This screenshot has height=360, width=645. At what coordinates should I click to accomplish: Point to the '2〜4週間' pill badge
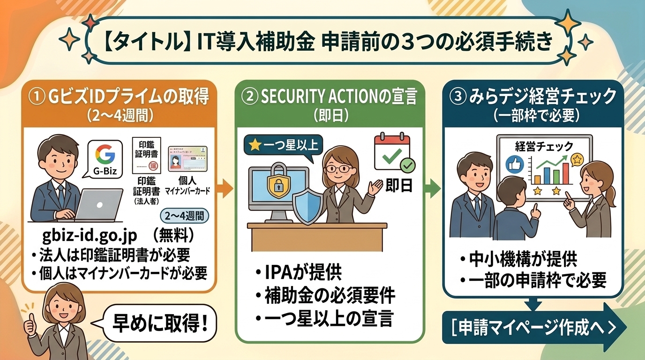(185, 217)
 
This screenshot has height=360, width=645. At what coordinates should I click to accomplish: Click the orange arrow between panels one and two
(226, 189)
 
